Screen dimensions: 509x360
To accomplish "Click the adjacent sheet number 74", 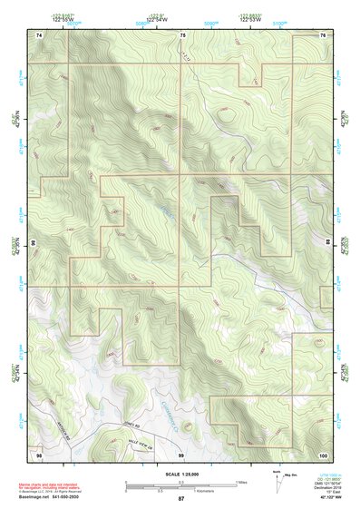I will (x=39, y=34).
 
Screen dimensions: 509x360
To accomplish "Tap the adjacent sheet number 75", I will (x=182, y=34).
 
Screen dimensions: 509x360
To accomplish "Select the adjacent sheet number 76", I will (x=323, y=34).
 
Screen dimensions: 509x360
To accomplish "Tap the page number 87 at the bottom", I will (x=180, y=499).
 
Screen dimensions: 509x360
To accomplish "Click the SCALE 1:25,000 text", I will (x=180, y=474).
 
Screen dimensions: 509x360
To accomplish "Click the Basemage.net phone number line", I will (x=51, y=499).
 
